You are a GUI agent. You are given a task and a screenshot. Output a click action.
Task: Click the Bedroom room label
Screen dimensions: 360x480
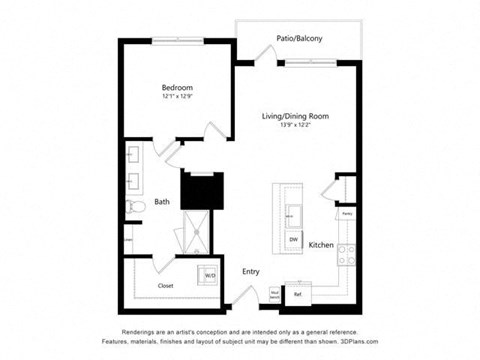(176, 87)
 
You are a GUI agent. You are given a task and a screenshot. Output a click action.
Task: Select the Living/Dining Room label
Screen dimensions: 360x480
(296, 116)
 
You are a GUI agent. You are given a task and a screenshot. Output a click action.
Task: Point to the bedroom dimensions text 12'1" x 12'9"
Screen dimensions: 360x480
(176, 97)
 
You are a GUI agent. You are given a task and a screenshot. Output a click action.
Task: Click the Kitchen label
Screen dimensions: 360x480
(321, 244)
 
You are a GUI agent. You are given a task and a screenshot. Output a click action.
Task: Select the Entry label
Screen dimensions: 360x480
(251, 271)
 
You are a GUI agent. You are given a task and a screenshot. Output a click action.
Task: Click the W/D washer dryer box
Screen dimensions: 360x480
(210, 275)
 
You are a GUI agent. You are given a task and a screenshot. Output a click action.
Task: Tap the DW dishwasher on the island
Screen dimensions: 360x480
(294, 240)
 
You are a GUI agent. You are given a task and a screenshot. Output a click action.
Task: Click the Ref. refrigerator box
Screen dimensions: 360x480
(297, 294)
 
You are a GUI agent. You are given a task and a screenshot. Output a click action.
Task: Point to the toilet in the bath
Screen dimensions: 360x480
(136, 206)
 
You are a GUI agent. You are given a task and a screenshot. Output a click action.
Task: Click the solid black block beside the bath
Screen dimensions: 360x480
(200, 189)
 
